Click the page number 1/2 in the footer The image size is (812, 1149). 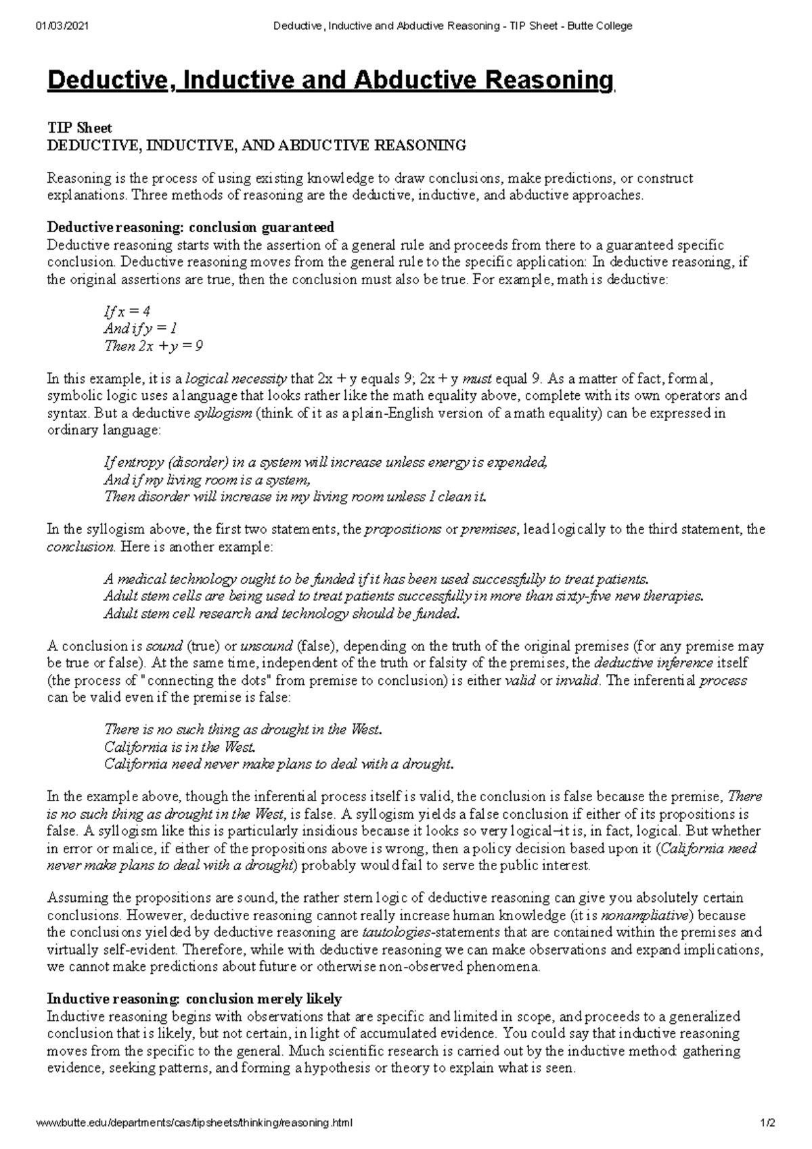(x=767, y=1123)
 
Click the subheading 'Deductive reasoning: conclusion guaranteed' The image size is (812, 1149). (x=190, y=227)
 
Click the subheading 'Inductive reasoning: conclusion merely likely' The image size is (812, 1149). (x=194, y=999)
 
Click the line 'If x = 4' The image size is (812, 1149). (x=127, y=311)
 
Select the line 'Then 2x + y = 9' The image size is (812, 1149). (x=153, y=346)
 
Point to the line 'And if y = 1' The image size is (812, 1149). (x=140, y=329)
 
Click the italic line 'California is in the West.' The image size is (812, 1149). (x=179, y=747)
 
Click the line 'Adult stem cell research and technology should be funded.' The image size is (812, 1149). (x=281, y=614)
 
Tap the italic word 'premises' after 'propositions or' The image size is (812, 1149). (x=489, y=529)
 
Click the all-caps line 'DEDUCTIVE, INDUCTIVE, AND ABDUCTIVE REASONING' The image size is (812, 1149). (x=256, y=145)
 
